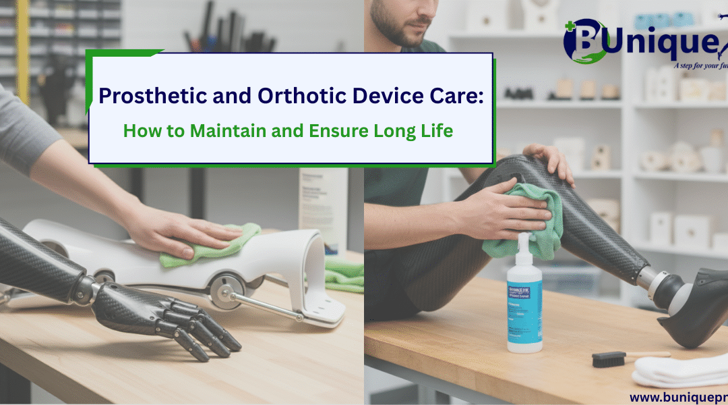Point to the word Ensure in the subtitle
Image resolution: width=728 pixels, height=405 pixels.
[x=332, y=130]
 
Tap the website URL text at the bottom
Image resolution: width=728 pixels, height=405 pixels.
[x=677, y=398]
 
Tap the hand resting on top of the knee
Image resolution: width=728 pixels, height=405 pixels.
[x=549, y=162]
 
